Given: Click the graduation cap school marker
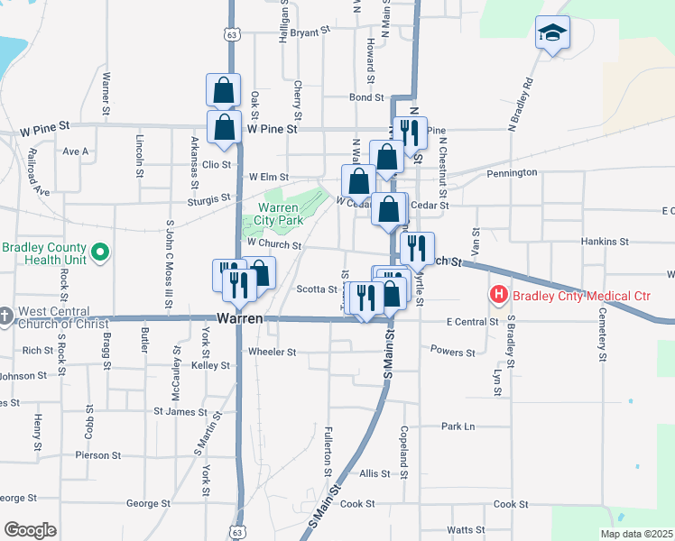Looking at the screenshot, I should [551, 34].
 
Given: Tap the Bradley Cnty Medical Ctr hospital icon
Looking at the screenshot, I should [497, 294].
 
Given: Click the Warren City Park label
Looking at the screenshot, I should [272, 215].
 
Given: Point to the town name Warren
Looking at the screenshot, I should [240, 319].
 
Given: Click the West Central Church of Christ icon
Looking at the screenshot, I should [7, 315].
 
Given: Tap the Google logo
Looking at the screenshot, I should [30, 530].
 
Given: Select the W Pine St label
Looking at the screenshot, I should [272, 130].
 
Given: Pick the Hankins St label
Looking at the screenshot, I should [605, 242].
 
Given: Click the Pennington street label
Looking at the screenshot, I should [512, 172].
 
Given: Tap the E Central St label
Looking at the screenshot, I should [472, 321].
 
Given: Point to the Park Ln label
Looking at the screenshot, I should [458, 426].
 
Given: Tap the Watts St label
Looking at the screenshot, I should [467, 529].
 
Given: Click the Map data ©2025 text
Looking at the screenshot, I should [636, 534].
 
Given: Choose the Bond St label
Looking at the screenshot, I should [366, 96].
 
